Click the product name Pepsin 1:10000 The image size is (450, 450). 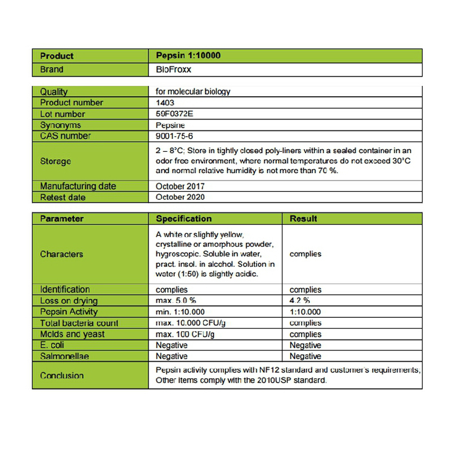click(x=188, y=56)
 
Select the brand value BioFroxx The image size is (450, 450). click(x=174, y=70)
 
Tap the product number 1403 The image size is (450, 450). click(x=165, y=103)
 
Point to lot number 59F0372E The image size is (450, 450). click(x=174, y=114)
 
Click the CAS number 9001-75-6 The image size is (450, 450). click(x=174, y=136)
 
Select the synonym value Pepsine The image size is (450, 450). click(x=170, y=125)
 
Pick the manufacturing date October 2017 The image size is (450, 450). click(x=180, y=186)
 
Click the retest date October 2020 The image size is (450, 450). click(x=180, y=197)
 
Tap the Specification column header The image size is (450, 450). click(x=183, y=219)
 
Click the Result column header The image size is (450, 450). click(x=303, y=219)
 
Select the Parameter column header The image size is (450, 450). click(x=61, y=219)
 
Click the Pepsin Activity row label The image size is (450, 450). click(x=69, y=312)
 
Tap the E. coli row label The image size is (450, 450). click(x=52, y=345)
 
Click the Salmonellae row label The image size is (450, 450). click(x=64, y=356)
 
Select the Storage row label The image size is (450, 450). click(x=55, y=161)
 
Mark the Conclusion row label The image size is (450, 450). click(x=61, y=375)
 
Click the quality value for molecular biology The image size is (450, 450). click(x=192, y=92)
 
